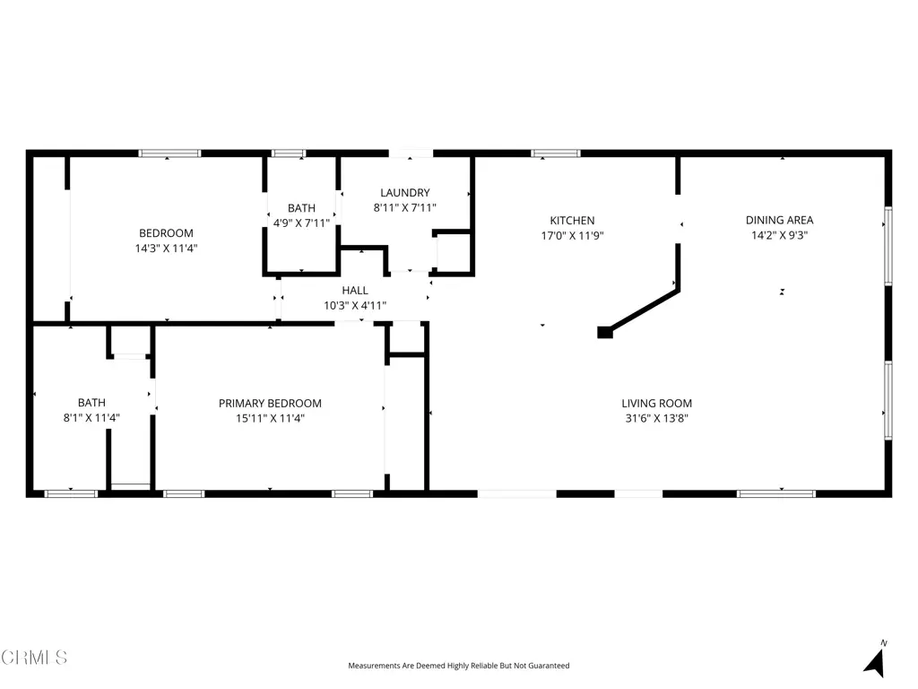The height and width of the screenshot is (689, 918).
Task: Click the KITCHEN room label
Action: coord(572,221)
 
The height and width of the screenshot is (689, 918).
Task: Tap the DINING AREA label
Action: coord(779,221)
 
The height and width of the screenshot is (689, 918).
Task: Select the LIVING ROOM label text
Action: coord(656,403)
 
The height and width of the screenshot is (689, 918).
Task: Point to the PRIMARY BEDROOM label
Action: coord(270,403)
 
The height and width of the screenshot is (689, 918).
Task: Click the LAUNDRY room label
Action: coord(404,193)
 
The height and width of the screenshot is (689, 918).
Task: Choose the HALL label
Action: coord(355,291)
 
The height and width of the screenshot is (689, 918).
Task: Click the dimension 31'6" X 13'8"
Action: coord(656,418)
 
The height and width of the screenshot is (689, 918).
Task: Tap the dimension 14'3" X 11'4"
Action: coord(166,249)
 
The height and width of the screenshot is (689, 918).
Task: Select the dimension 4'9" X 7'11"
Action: coord(301,223)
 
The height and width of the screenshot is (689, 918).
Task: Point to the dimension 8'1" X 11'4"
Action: coord(92,418)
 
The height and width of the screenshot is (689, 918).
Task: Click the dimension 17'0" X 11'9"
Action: coord(572,236)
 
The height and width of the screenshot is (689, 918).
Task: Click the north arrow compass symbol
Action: coord(875,661)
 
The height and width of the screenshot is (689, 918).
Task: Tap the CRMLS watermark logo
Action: coord(34,658)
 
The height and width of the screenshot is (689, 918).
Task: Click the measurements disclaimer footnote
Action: coord(458,666)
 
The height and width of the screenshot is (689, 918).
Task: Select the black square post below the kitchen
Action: coord(605,332)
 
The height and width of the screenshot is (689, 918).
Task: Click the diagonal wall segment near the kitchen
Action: coord(643,309)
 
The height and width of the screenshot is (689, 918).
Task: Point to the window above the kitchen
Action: coord(556,153)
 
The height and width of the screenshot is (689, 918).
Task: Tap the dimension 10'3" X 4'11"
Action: coord(355,305)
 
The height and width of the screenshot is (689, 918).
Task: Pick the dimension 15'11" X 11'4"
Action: coord(270,418)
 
